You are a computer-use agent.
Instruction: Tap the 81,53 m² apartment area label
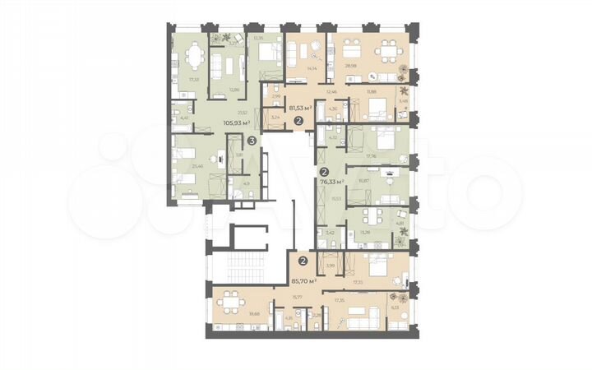(x=293, y=107)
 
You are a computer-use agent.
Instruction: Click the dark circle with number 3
(x=252, y=141)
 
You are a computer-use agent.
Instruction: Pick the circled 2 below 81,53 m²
(x=298, y=121)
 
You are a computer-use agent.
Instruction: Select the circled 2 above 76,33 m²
(x=324, y=172)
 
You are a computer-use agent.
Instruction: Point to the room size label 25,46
(x=197, y=165)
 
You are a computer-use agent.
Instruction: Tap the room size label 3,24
(x=275, y=118)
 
